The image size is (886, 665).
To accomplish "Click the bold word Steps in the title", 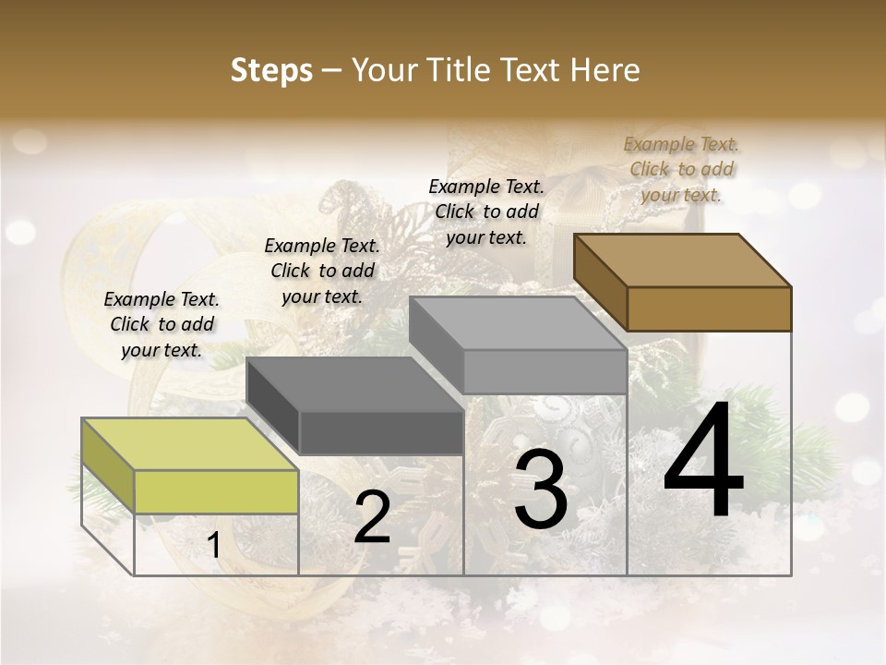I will [271, 70].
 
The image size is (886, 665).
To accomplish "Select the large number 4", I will [703, 462].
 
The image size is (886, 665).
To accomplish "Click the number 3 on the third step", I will [540, 490].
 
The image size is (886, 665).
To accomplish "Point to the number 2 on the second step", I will [372, 517].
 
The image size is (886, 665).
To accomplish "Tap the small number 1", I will [214, 546].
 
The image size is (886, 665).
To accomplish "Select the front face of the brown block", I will [709, 308].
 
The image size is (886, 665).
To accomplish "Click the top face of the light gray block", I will [518, 322].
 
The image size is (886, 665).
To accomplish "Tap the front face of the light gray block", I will [545, 371].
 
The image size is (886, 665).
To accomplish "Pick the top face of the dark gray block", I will [354, 384].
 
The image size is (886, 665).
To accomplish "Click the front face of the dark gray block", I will [381, 432].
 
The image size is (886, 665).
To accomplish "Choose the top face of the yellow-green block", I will [190, 444].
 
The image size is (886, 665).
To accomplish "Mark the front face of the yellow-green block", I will [216, 491].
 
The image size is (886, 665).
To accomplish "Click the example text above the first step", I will [162, 324].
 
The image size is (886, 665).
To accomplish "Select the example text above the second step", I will [322, 271].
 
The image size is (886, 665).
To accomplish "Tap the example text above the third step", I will [486, 212].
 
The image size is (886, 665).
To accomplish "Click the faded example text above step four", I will [681, 169].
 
